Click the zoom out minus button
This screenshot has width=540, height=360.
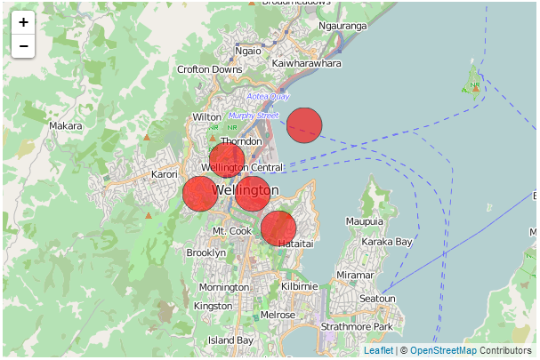pos(23,46)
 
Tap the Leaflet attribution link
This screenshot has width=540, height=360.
pos(378,351)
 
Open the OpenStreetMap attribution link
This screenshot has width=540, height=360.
pos(442,351)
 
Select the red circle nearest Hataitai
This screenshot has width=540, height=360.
pos(278,228)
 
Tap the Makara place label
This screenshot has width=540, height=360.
pos(66,126)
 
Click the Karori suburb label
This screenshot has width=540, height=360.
pos(165,175)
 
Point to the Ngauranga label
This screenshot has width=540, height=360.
pos(342,27)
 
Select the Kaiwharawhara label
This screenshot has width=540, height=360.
pos(306,64)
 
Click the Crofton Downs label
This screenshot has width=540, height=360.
pos(210,69)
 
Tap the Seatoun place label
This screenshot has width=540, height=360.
pos(377,299)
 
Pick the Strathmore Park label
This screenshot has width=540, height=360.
pos(357,327)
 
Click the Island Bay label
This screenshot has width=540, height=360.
pos(230,340)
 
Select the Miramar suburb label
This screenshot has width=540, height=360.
pos(356,276)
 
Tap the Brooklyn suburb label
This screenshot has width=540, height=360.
pos(206,253)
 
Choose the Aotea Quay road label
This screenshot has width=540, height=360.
pos(268,96)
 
